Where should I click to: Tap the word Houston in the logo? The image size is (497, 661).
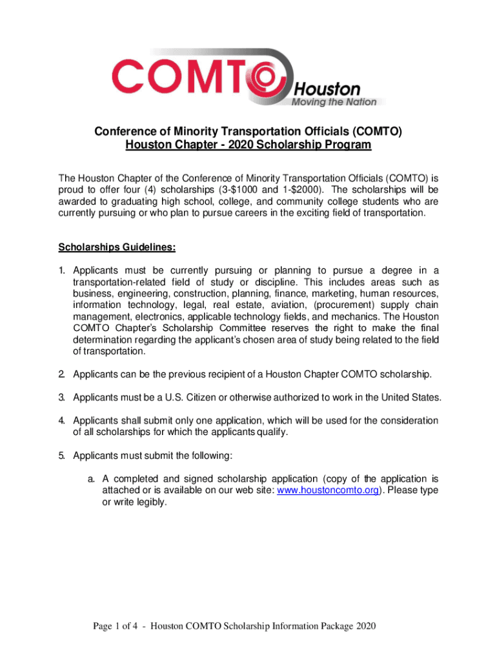click(327, 88)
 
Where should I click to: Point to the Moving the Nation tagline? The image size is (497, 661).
click(338, 101)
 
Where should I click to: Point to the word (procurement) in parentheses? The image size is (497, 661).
click(349, 305)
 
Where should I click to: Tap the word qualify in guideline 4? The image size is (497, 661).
click(269, 432)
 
